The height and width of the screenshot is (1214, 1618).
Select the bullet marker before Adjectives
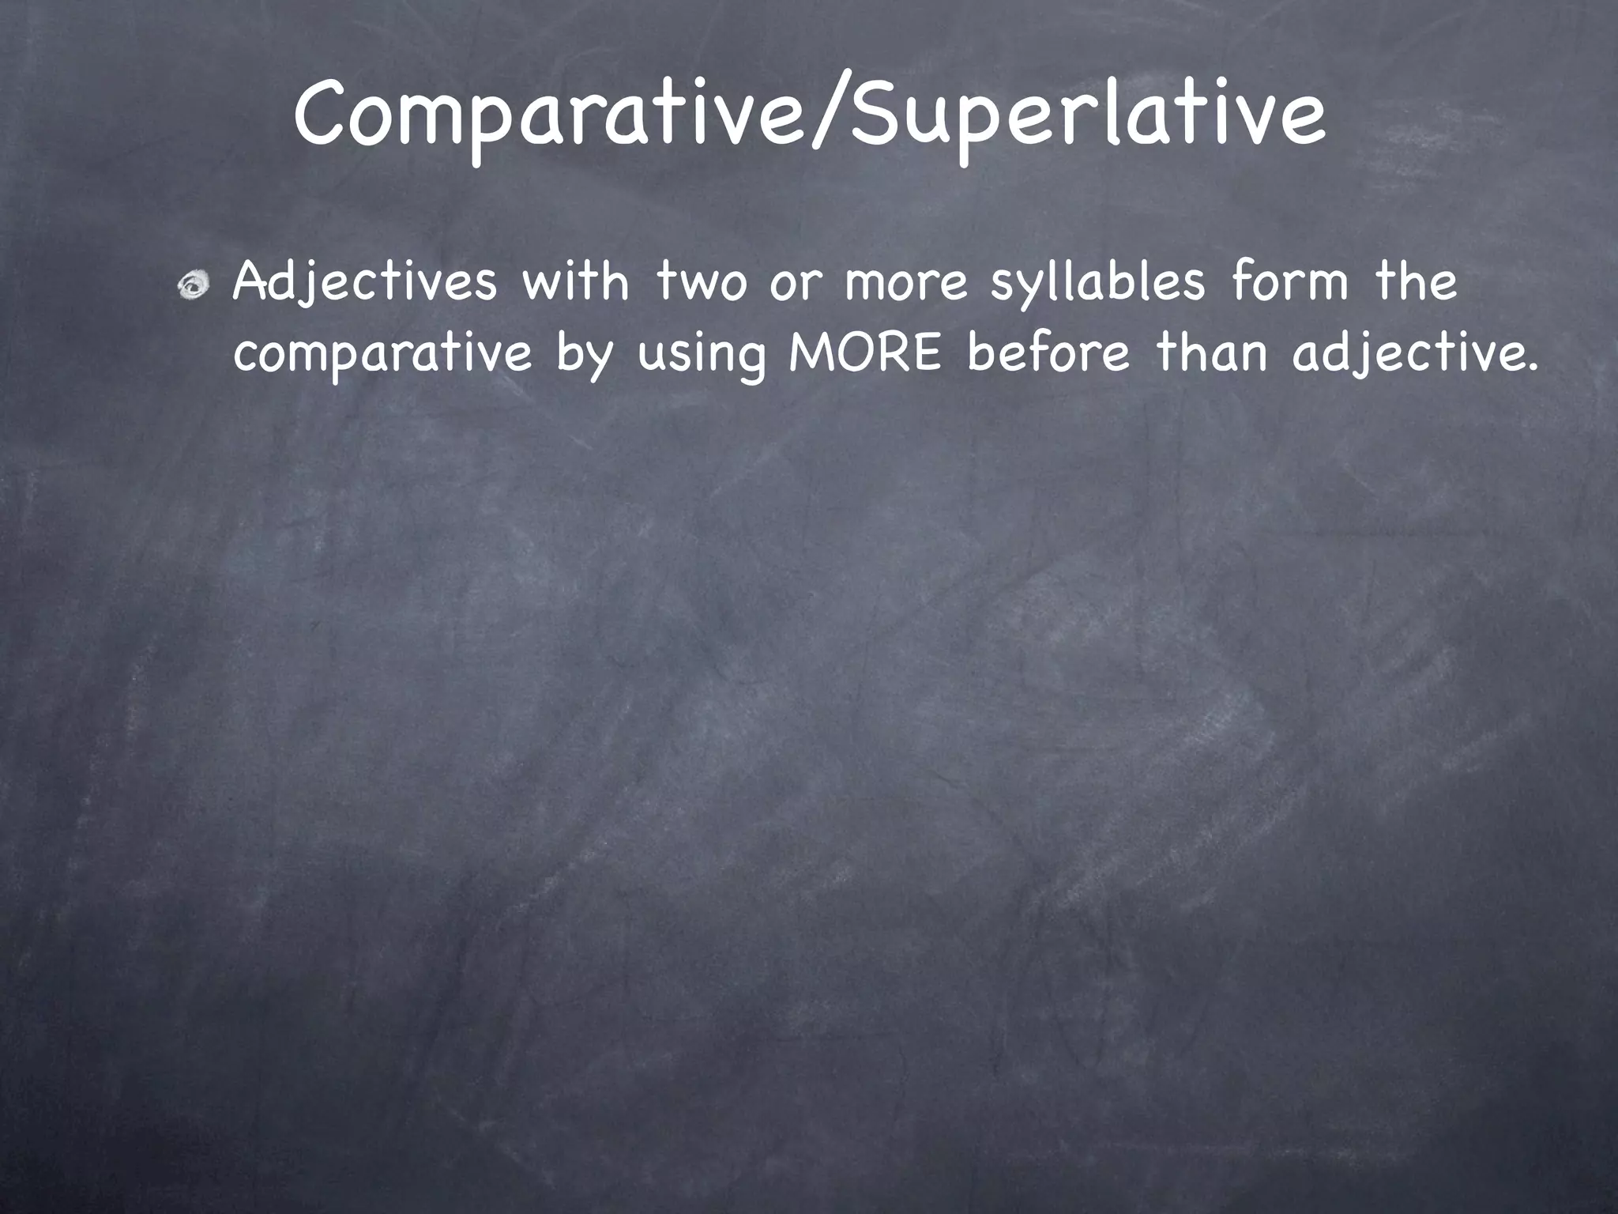[x=194, y=287]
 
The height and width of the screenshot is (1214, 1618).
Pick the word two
[x=702, y=283]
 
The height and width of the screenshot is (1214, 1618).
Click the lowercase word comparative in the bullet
[x=382, y=356]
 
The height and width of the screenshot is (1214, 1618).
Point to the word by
[x=584, y=356]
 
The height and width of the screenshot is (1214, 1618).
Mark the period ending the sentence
[x=1533, y=368]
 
